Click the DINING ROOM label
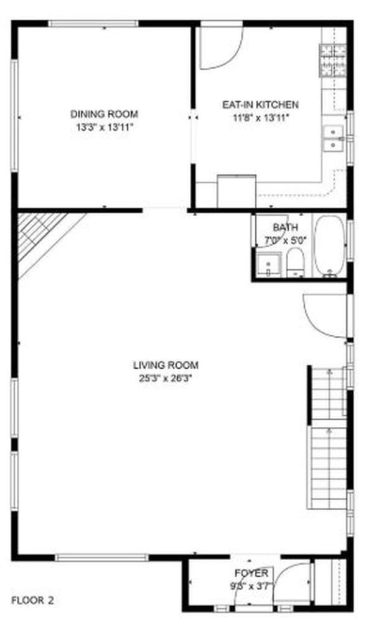104,114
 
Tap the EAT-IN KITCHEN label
260,105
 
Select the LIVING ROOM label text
166,365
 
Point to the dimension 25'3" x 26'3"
166,378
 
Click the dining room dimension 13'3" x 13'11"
105,127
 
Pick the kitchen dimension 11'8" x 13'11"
260,118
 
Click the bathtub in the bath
329,245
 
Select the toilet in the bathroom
295,262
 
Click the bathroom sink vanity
268,264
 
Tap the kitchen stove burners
333,60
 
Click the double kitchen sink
334,138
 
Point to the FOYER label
251,573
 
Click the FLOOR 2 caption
32,600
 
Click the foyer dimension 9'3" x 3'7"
251,586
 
